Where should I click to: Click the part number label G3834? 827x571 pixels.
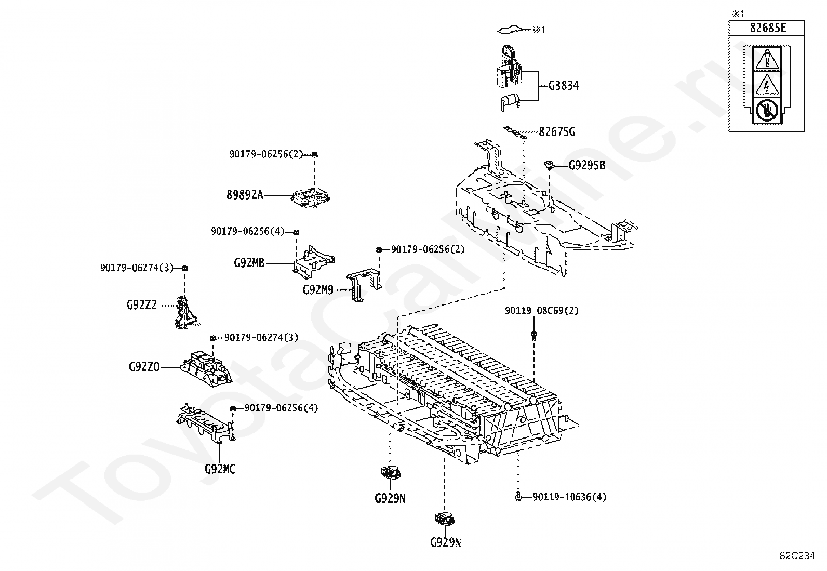564,86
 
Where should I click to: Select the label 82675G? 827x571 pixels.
557,131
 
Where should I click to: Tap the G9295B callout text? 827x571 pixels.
586,165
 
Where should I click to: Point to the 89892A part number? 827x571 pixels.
245,195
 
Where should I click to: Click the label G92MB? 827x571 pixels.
249,263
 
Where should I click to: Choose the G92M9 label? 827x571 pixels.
318,290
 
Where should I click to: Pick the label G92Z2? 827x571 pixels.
141,305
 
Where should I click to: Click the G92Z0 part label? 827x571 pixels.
144,367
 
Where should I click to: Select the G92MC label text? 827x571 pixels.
220,469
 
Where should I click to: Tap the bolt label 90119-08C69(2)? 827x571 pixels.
541,311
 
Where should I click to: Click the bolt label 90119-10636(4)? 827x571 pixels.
569,497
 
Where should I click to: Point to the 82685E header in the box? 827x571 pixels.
767,28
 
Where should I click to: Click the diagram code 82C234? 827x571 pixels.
796,556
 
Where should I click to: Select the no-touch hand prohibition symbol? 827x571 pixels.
766,111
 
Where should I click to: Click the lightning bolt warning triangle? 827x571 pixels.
766,84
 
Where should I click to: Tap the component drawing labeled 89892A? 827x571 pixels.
311,198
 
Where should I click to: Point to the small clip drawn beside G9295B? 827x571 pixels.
549,165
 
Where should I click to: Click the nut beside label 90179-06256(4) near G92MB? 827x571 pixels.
296,232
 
